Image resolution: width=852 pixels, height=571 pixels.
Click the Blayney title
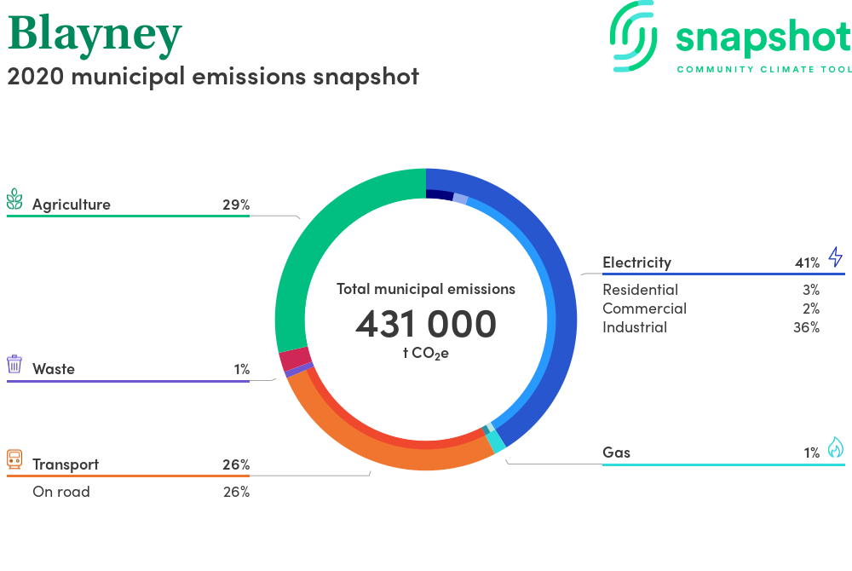click(x=95, y=35)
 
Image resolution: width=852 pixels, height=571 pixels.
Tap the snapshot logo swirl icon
click(x=633, y=37)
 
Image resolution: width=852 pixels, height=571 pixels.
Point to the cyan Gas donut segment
click(x=496, y=441)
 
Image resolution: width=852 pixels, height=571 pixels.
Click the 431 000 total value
click(x=426, y=324)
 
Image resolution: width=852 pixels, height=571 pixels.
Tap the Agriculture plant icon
click(x=14, y=199)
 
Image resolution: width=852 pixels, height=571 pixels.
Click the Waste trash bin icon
click(x=14, y=364)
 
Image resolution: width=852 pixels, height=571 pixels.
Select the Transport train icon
click(x=14, y=459)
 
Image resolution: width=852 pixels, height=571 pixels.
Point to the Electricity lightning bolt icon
click(x=836, y=257)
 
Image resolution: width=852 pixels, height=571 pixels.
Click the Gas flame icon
click(x=836, y=447)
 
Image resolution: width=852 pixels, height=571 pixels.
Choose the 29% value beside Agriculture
click(x=236, y=205)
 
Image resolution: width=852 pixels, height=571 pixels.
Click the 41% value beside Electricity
click(x=807, y=263)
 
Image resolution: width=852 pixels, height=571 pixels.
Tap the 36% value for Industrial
click(x=806, y=327)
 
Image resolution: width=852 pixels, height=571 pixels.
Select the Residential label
click(x=640, y=290)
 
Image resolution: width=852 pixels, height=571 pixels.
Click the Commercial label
click(x=644, y=309)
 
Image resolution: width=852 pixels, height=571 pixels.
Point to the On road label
click(x=60, y=492)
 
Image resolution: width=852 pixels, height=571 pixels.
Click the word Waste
click(x=53, y=369)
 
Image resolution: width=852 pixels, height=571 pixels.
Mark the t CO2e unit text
click(x=426, y=353)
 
